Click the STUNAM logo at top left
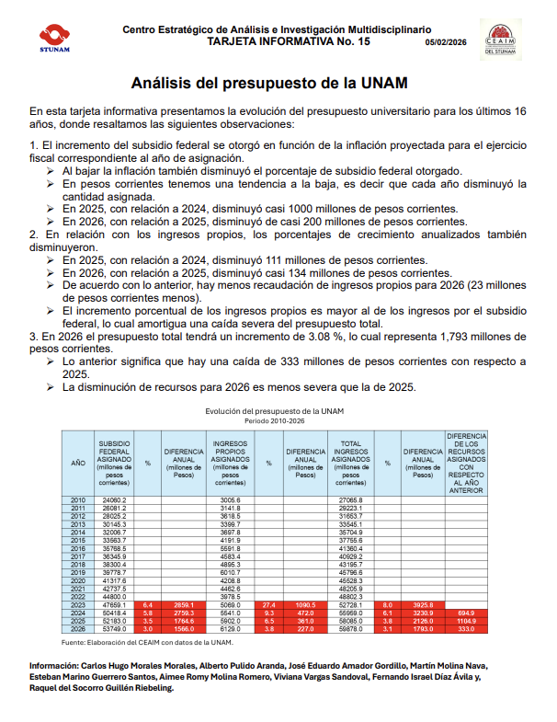(54, 37)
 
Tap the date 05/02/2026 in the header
(445, 42)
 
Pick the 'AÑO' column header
(78, 462)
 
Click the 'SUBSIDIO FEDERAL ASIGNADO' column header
(115, 462)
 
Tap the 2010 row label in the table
(78, 499)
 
